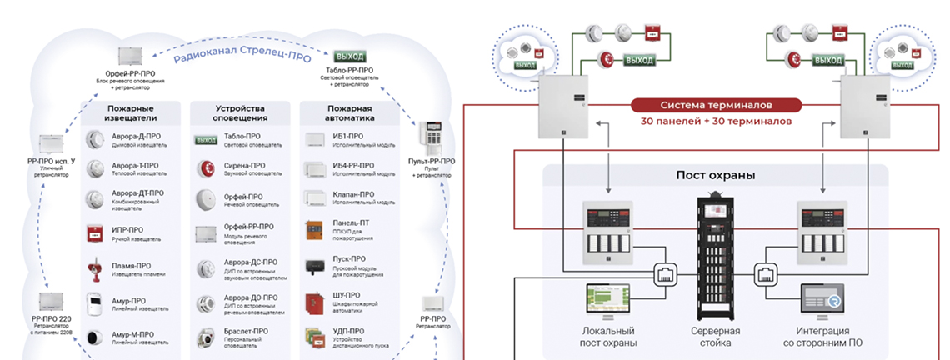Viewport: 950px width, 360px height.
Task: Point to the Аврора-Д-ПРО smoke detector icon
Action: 94,139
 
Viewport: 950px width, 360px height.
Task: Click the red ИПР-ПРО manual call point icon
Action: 94,233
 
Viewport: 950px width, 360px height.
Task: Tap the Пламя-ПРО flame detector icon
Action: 94,268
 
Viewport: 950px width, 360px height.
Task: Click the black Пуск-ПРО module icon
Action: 314,265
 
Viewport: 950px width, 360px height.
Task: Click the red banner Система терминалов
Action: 716,105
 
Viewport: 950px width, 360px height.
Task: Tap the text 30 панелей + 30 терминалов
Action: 716,122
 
